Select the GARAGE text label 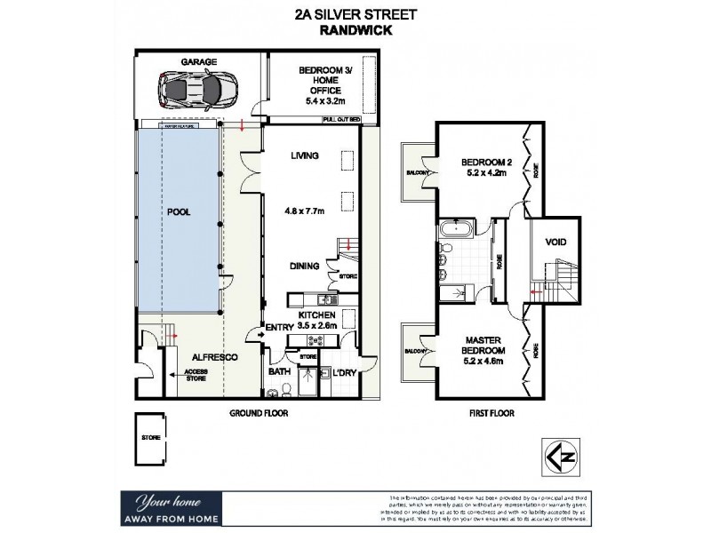pyautogui.click(x=200, y=61)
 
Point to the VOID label pyautogui.click(x=555, y=242)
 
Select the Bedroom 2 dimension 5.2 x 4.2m pyautogui.click(x=483, y=174)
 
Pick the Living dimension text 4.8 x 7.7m pyautogui.click(x=304, y=211)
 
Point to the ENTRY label pyautogui.click(x=279, y=329)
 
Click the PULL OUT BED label pyautogui.click(x=341, y=118)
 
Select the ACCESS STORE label pyautogui.click(x=196, y=376)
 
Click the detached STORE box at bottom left pyautogui.click(x=149, y=438)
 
